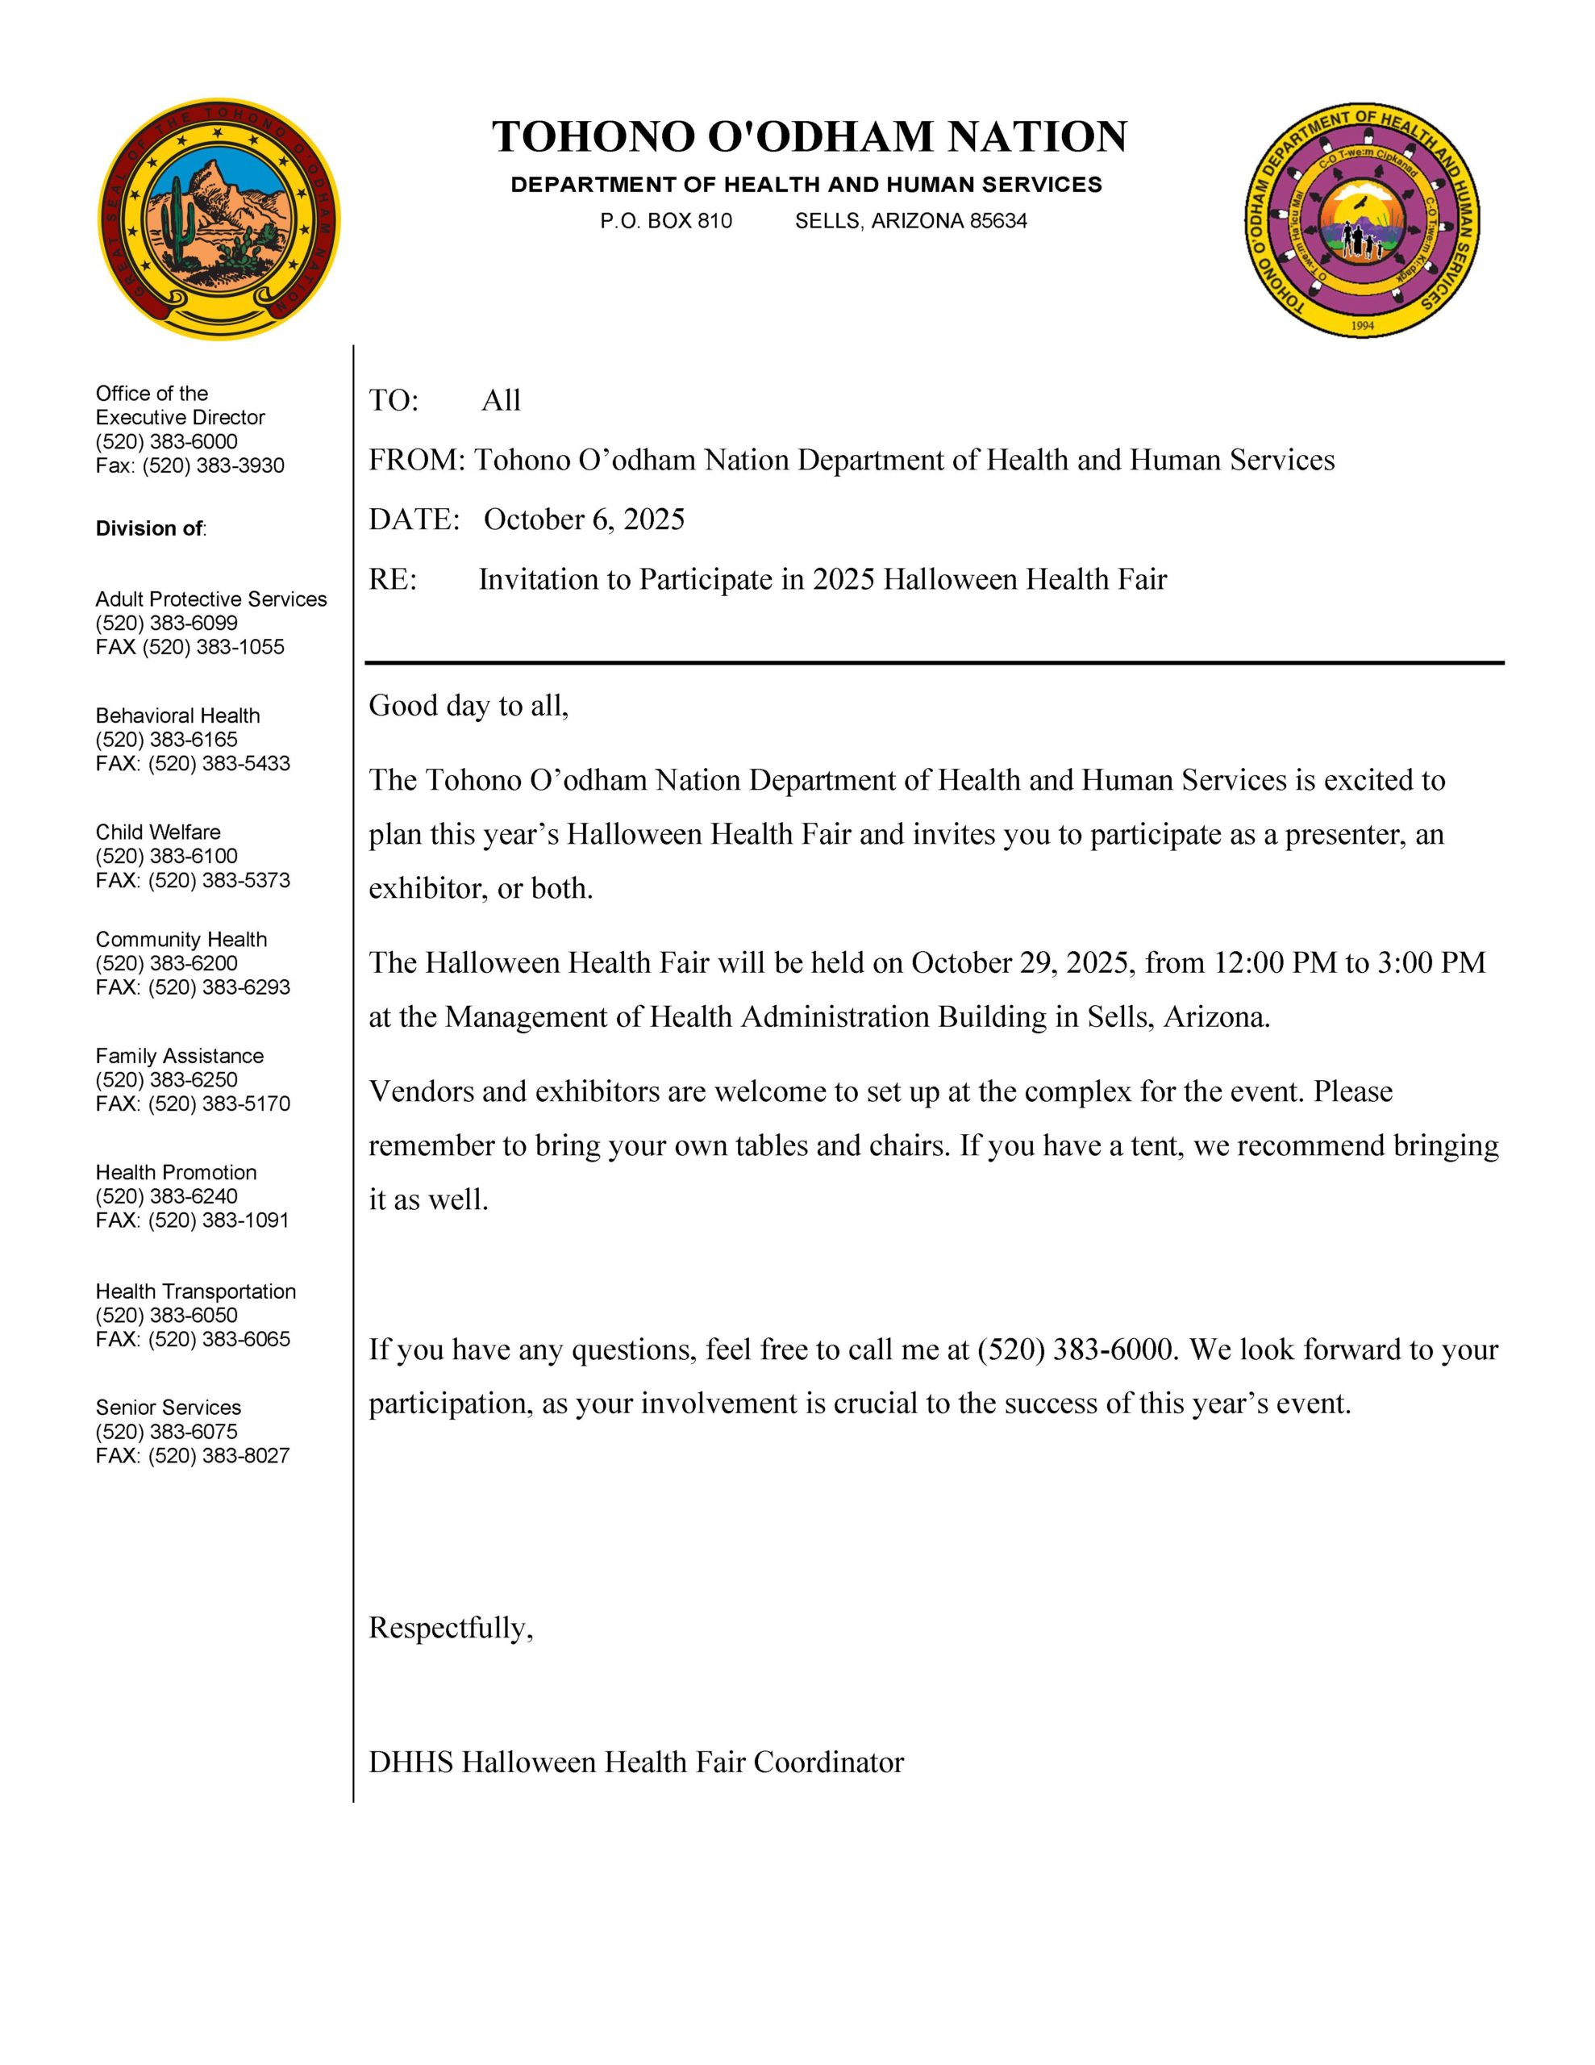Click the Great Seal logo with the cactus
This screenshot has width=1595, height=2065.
[x=219, y=219]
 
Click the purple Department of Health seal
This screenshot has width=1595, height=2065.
[x=1361, y=219]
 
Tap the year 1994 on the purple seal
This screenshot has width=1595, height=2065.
[x=1363, y=325]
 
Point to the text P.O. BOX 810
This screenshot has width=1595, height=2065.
[x=665, y=221]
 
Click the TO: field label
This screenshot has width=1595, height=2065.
[x=394, y=401]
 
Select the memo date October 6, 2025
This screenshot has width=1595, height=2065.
[x=583, y=519]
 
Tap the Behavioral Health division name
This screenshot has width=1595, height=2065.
[x=177, y=715]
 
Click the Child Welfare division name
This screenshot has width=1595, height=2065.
[x=158, y=832]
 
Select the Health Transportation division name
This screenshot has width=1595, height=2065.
[x=196, y=1291]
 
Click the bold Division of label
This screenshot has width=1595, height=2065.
[x=150, y=528]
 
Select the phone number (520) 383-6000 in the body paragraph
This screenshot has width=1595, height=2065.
[x=1075, y=1350]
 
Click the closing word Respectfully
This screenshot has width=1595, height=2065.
[x=450, y=1627]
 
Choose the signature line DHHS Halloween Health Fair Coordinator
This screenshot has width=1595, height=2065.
[x=635, y=1762]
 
